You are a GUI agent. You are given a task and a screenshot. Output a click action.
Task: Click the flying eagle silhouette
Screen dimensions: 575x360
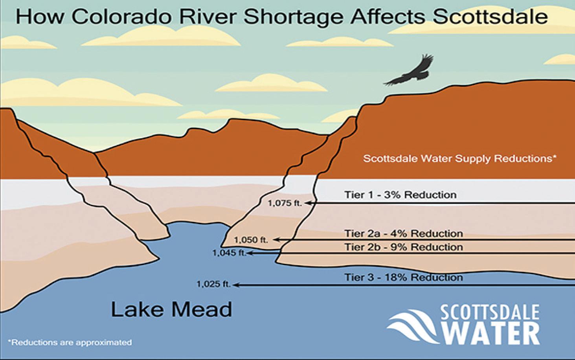[x=408, y=72]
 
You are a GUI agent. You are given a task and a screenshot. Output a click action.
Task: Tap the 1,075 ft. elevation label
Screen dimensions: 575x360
[x=285, y=203]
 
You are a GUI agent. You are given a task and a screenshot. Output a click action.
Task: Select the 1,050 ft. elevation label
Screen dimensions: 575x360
[x=251, y=240]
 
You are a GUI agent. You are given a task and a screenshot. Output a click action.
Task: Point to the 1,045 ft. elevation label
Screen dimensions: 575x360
[x=229, y=253]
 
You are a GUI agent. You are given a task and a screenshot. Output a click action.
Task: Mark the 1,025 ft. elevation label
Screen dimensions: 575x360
[x=213, y=284]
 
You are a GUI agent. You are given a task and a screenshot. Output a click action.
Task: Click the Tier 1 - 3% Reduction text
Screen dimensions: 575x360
[x=400, y=195]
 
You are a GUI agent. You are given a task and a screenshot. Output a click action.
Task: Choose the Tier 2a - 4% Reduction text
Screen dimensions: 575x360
[x=404, y=233]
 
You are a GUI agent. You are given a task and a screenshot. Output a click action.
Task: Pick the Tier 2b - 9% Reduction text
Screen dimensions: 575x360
[x=404, y=247]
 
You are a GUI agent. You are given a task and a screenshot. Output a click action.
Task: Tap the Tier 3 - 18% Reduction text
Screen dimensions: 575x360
[x=404, y=277]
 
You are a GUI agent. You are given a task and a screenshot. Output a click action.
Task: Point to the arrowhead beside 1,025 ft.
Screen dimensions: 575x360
[x=236, y=285]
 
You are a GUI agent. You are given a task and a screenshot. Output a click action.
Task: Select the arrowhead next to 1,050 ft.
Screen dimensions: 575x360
[x=276, y=240]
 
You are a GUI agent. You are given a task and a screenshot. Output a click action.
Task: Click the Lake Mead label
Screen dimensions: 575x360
[x=171, y=309]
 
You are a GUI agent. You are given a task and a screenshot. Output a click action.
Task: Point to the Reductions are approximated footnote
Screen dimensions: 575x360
[x=70, y=342]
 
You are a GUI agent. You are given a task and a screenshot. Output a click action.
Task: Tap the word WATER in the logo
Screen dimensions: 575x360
[x=491, y=334]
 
